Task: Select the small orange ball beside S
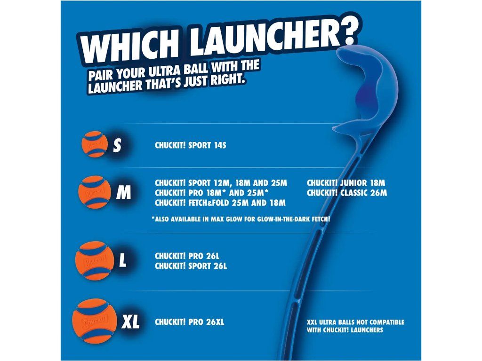94,144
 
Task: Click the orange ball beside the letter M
95,192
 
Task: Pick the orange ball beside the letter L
95,260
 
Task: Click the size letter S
117,145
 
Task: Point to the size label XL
130,322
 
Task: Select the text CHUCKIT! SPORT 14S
190,145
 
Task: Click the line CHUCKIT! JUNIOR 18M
346,183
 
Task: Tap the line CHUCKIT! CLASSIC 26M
347,193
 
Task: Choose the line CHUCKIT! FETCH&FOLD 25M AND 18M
220,203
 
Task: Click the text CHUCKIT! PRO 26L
187,256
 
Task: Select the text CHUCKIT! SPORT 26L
191,266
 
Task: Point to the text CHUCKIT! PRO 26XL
189,322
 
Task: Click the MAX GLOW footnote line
241,219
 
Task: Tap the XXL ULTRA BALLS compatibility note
355,326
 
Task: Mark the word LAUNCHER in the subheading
115,86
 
